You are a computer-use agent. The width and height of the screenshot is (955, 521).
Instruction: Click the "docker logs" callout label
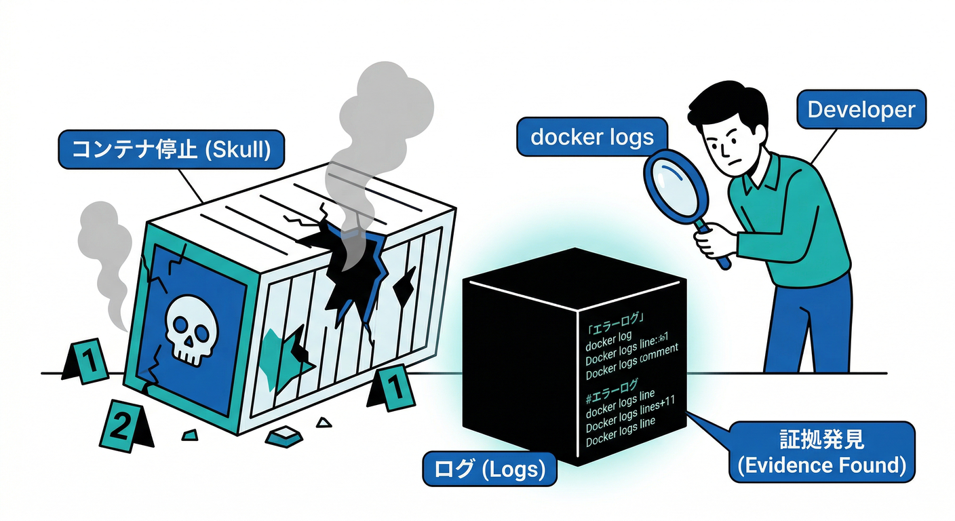pos(591,137)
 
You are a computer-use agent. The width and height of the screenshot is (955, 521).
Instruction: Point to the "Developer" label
pos(861,109)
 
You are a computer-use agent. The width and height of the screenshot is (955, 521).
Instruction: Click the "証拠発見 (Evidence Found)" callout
pos(821,452)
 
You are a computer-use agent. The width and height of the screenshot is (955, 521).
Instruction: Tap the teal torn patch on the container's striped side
pos(285,353)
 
